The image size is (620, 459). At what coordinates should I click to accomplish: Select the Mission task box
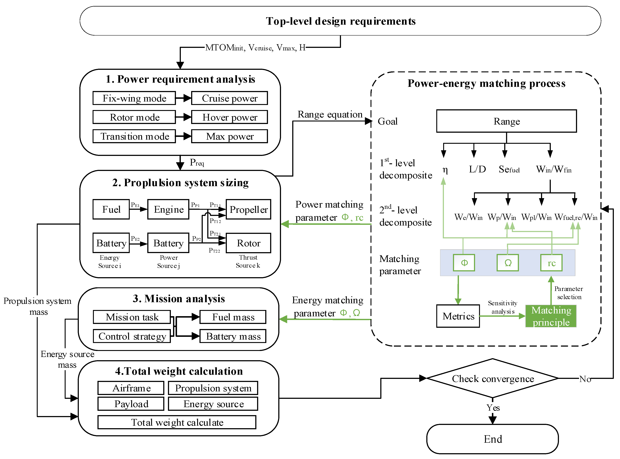pos(132,317)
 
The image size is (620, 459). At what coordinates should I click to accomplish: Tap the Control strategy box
pos(132,336)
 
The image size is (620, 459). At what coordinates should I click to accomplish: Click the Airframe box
pos(131,388)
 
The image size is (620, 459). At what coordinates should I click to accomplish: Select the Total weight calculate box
pos(177,422)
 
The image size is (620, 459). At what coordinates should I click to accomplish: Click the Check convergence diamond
pos(493,379)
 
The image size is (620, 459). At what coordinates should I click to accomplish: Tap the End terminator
pos(493,439)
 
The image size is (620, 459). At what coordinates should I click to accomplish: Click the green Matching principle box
pos(551,316)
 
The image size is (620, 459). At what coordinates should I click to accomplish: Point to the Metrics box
pos(458,316)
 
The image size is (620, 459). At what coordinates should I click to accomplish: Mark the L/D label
pos(477,169)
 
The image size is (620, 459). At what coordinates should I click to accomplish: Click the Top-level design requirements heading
pos(340,21)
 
